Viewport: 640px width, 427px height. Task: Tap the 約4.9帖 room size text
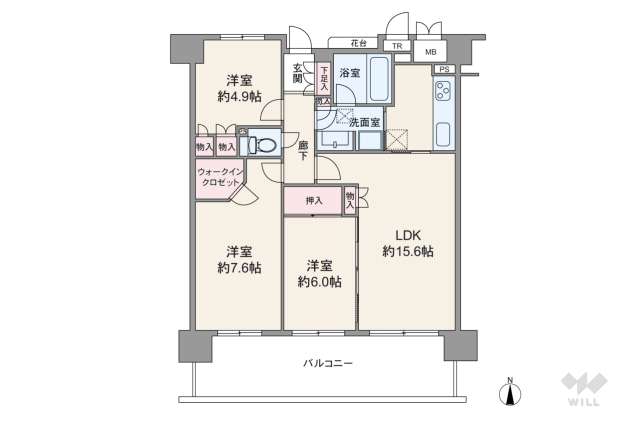[239, 97]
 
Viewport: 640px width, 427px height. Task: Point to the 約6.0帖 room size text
[320, 282]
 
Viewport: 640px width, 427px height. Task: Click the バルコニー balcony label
[328, 363]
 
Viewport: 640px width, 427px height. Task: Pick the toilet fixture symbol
[262, 144]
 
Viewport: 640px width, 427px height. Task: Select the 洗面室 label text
[363, 122]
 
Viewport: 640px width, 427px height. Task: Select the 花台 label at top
[357, 43]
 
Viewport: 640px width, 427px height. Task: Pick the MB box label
[430, 51]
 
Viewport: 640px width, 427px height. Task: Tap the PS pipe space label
[444, 69]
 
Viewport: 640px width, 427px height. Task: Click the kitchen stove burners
[443, 96]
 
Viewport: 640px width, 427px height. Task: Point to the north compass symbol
[511, 391]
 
